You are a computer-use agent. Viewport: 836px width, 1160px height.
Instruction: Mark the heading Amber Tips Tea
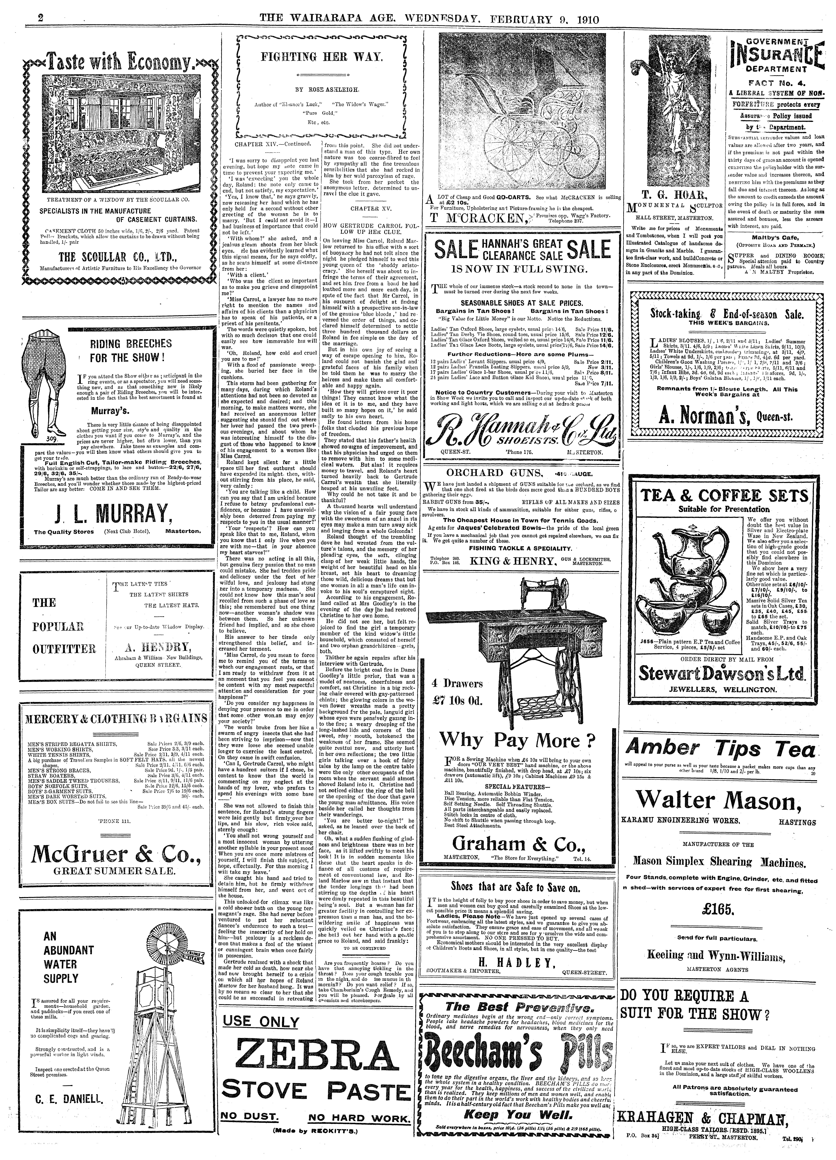720,749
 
